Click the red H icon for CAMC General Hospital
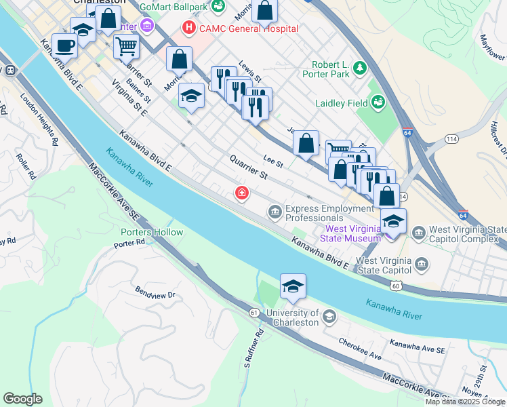[x=188, y=28]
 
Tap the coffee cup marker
[x=64, y=45]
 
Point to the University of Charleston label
[x=293, y=317]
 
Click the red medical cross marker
[x=241, y=194]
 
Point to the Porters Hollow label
[x=152, y=232]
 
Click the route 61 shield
[x=254, y=312]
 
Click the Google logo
[x=22, y=399]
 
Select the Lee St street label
[x=273, y=161]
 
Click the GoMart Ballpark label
[x=174, y=7]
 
